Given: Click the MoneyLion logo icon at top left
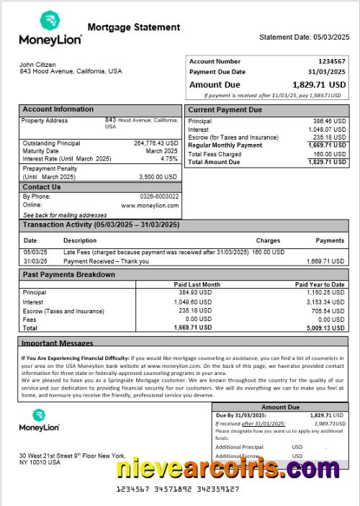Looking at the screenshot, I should coord(49,20).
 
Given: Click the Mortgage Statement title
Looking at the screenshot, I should coord(133,27).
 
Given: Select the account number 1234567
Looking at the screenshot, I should coord(332,62).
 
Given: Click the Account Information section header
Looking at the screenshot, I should coord(58,109).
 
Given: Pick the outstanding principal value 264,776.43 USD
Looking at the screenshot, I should coord(156,143).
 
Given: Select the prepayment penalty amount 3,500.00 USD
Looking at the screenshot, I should coord(158,176).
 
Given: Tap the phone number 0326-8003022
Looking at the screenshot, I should coord(159,196).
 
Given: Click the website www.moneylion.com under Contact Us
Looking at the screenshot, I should coord(150,205).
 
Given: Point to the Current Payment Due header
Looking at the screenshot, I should coord(225,110).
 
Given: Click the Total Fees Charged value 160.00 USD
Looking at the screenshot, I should coord(330,154).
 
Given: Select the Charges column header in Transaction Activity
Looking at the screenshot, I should coord(268,240).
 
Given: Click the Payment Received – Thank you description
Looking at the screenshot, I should coord(106,261).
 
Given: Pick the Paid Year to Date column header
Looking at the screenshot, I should coord(320,285).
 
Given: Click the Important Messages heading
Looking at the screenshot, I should coord(58,343).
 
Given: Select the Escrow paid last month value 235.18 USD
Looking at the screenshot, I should coord(195,310).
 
